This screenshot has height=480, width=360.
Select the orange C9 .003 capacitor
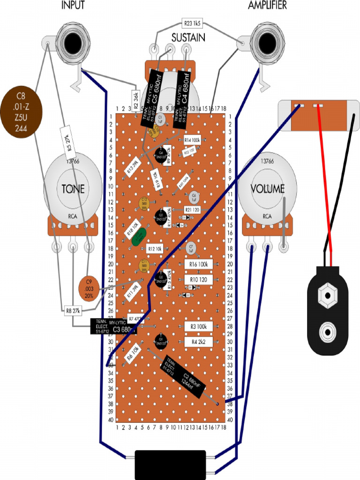point(89,288)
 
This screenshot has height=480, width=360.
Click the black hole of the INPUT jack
point(73,43)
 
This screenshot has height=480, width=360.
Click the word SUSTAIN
point(187,37)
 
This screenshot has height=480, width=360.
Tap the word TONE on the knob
point(73,189)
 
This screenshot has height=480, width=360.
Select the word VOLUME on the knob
point(267,189)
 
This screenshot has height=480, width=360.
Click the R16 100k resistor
point(199,264)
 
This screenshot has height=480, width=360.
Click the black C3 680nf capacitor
point(113,327)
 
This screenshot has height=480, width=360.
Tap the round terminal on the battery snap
point(328,332)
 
